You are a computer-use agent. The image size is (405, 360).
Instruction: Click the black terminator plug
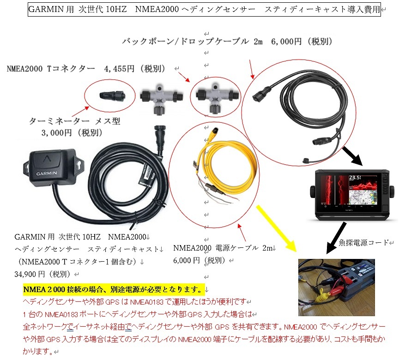tap(112, 96)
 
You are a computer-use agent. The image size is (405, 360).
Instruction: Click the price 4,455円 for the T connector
tap(119, 69)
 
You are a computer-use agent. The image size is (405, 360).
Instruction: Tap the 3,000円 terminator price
tap(56, 132)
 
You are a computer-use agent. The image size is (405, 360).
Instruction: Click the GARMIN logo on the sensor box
tap(47, 173)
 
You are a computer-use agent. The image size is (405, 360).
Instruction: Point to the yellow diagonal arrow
tap(276, 228)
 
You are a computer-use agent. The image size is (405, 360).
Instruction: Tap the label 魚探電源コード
tap(364, 242)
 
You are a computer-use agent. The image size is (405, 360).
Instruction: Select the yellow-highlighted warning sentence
tap(114, 289)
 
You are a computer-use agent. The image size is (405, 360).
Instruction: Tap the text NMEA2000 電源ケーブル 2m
tap(222, 248)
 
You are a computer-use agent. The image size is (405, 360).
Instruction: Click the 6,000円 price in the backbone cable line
tap(286, 41)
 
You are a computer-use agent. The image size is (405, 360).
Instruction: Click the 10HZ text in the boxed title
tap(116, 9)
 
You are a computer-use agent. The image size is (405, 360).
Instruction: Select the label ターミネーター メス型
tap(74, 121)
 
